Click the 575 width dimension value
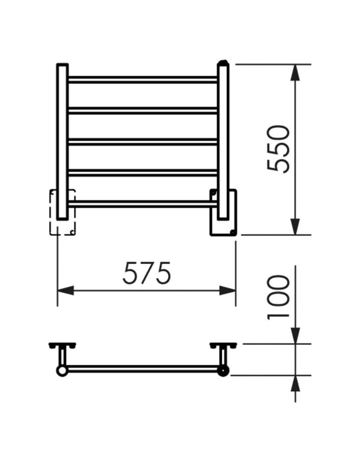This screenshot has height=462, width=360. (146, 274)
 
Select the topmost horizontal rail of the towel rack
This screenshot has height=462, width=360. (143, 79)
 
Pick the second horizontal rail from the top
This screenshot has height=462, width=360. (143, 110)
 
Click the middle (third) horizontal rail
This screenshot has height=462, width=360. (143, 142)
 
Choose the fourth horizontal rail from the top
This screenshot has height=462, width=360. (143, 173)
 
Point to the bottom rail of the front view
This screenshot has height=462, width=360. (143, 204)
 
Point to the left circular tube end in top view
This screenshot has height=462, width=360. (62, 371)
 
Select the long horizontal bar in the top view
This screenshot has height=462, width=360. (143, 368)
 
